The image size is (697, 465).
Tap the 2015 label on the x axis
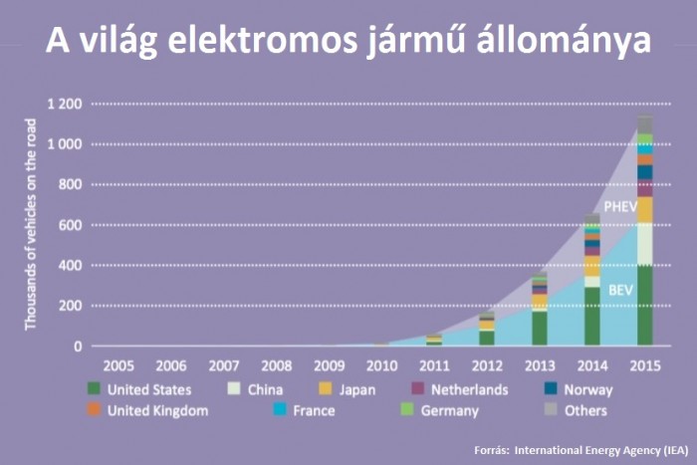click(644, 365)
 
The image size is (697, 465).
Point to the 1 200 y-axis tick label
click(63, 104)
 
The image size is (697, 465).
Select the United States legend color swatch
click(95, 389)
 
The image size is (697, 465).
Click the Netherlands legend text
click(468, 389)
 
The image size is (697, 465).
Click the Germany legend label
click(449, 410)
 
